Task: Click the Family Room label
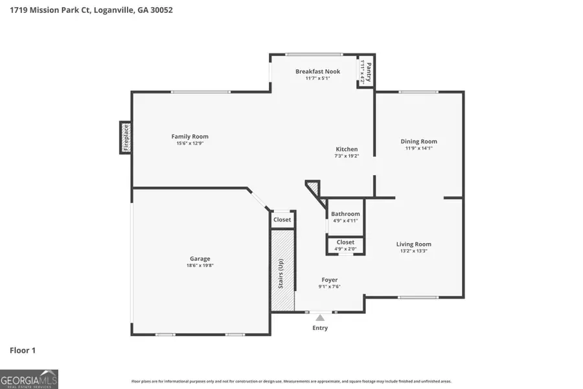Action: point(190,136)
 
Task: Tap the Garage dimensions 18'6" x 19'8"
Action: point(200,265)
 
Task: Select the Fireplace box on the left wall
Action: point(126,137)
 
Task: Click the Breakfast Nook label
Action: point(317,71)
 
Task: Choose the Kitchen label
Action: point(346,149)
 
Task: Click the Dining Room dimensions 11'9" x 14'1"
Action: point(418,148)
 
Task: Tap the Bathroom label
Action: point(345,214)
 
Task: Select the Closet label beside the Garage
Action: point(282,220)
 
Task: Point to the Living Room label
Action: point(413,244)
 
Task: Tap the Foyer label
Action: point(329,280)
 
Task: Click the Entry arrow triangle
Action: point(319,317)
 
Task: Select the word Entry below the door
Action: point(320,328)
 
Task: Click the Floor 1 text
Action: point(23,351)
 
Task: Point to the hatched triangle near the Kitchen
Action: point(314,188)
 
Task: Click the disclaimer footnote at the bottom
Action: point(291,381)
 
